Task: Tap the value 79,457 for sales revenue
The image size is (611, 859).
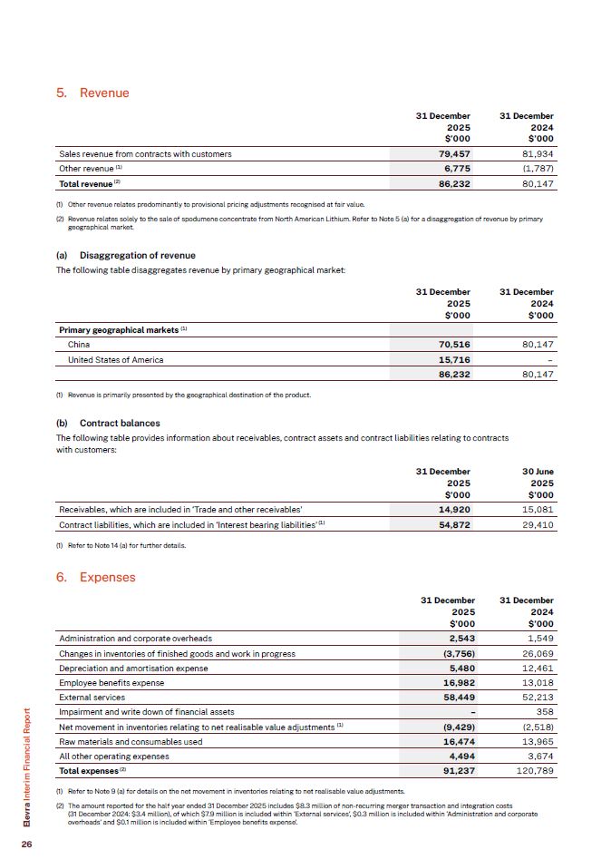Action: (452, 153)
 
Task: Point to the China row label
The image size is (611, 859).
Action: (79, 345)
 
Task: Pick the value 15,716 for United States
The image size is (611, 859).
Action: (452, 359)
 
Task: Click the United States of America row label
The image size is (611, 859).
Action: (116, 359)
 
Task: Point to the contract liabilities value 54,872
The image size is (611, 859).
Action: (452, 524)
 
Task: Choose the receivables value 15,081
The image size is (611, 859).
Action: (535, 509)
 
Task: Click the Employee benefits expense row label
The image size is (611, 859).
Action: (112, 682)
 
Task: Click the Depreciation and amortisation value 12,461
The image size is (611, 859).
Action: (535, 668)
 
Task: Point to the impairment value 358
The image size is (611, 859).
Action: (542, 712)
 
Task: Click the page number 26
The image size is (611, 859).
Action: (27, 844)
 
